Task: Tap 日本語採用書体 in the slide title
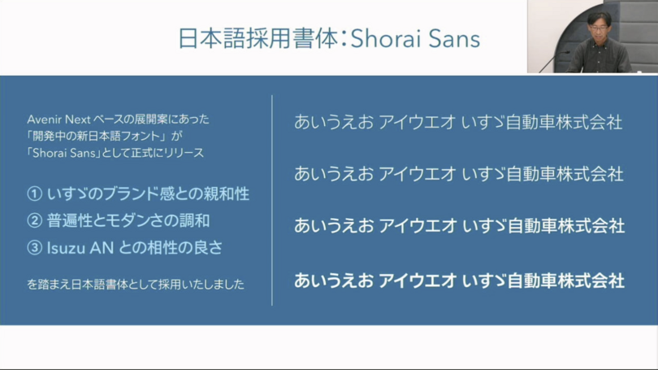[258, 39]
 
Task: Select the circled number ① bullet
[34, 194]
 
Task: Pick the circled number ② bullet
[34, 221]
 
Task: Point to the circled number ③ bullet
[34, 248]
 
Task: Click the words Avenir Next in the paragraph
[58, 120]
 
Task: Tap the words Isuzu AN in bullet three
[80, 248]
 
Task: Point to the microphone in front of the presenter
[553, 61]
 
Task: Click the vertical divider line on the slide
[272, 200]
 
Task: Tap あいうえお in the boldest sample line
[334, 281]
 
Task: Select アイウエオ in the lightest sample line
[417, 122]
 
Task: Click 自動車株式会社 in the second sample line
[565, 174]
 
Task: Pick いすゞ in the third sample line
[484, 226]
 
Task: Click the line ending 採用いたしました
[136, 285]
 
